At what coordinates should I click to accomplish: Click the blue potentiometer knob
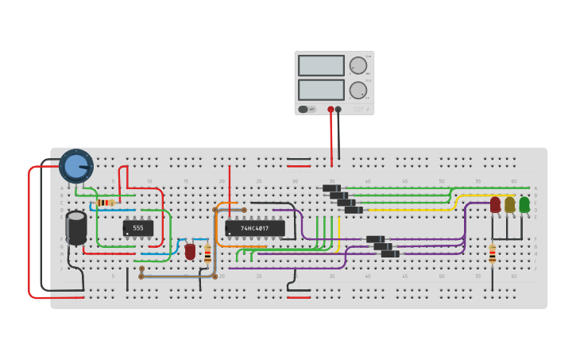coord(76,166)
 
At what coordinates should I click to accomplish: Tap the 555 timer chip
coord(138,228)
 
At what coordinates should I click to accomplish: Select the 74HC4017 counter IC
coord(254,228)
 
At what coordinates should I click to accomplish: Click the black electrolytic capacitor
coord(76,227)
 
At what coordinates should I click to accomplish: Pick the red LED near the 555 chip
coord(190,251)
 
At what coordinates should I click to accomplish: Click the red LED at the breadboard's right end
coord(495,205)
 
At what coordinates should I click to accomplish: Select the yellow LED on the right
coord(510,205)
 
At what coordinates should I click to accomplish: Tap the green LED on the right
coord(524,205)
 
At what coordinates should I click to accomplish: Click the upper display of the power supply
coord(321,65)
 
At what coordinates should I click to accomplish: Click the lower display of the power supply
coord(321,89)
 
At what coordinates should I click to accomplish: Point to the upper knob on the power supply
coord(358,65)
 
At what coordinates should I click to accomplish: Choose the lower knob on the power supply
coord(358,90)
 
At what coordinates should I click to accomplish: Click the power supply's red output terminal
coord(331,110)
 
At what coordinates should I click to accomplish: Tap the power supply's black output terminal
coord(338,110)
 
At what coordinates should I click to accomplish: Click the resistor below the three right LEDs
coord(493,254)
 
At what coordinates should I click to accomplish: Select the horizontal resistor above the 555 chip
coord(105,203)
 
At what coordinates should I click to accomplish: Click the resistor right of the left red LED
coord(208,254)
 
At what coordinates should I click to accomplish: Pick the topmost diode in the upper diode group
coord(331,188)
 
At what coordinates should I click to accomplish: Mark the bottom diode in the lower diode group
coord(390,254)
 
